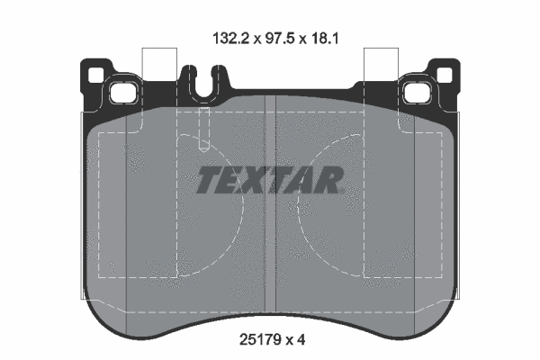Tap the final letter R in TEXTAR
330,181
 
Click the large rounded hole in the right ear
420,92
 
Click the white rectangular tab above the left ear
158,63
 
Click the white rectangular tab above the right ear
381,63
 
